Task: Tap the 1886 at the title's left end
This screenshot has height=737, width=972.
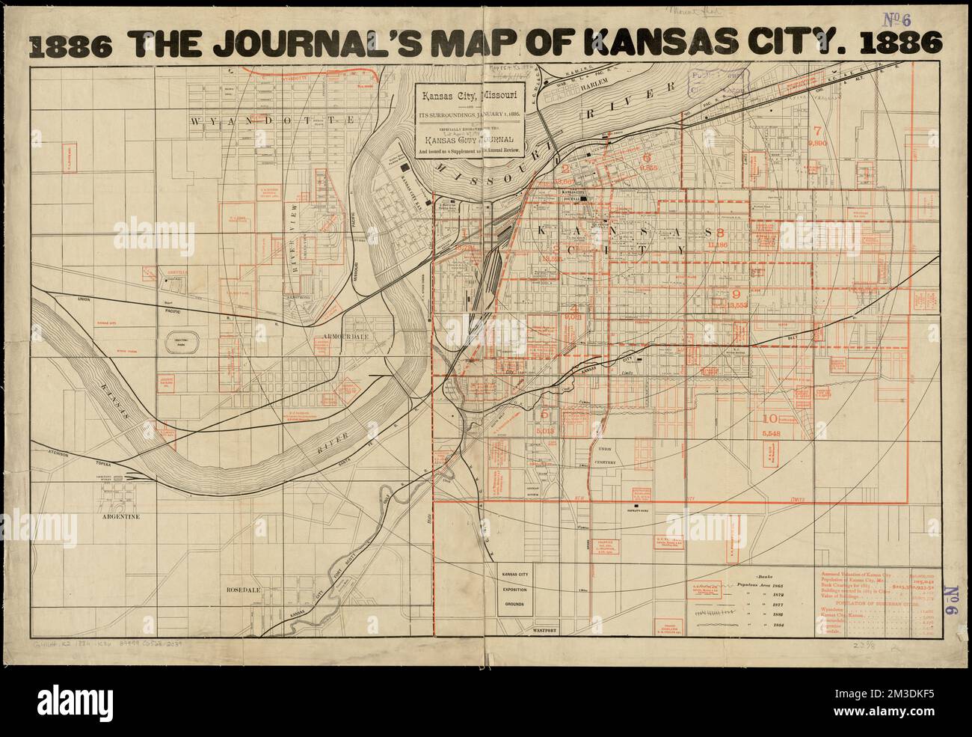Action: pos(71,46)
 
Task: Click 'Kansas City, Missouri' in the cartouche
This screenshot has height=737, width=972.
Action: pos(471,96)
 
